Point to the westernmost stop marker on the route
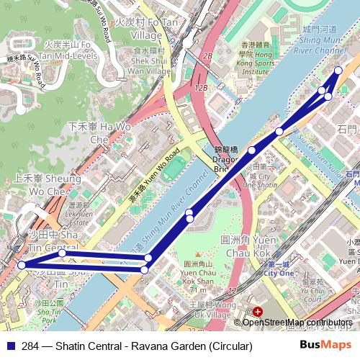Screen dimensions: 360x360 tap(22, 265)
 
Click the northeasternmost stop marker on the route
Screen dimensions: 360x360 tap(339, 70)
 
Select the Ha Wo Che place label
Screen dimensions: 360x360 tap(99, 132)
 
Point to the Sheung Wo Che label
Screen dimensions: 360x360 tap(47, 184)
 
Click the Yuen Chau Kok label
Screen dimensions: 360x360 tap(246, 246)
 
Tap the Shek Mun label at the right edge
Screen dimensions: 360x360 tap(346, 130)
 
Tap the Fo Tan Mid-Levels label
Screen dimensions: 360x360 tap(66, 49)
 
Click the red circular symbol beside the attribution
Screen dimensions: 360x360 tap(258, 312)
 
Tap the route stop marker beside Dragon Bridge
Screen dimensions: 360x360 tap(252, 150)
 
